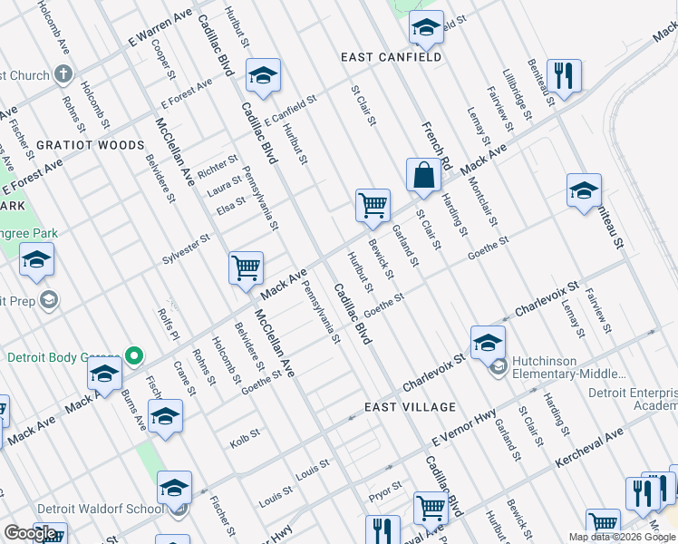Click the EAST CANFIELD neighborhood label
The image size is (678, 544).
click(391, 57)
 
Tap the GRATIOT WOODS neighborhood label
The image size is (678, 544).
click(91, 145)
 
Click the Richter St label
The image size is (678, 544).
click(218, 168)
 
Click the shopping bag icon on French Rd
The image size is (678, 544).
click(424, 176)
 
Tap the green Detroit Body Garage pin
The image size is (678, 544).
click(135, 355)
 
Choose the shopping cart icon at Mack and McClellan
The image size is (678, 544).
click(246, 268)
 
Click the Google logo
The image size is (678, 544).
click(31, 533)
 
